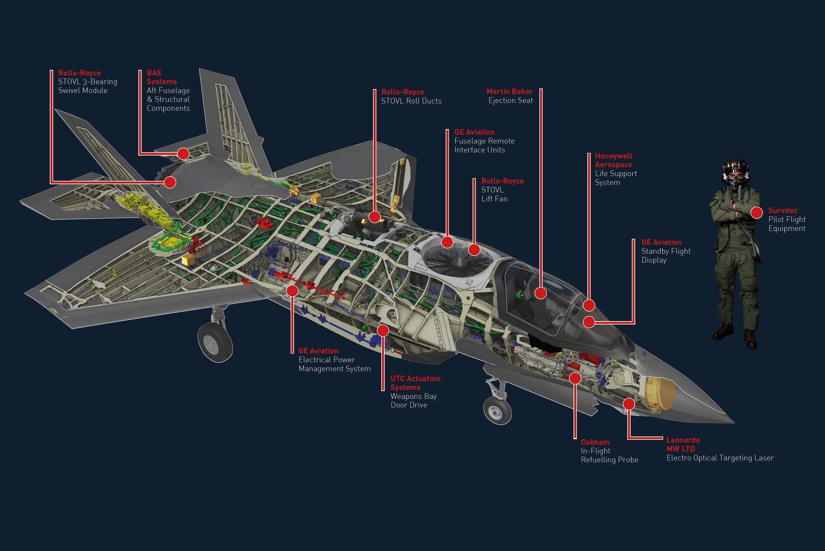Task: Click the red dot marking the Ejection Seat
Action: [540, 293]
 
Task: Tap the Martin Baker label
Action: [509, 92]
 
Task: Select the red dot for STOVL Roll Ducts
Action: [375, 217]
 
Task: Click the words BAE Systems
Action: [162, 77]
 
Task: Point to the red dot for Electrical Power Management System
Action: [292, 291]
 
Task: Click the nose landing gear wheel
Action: [497, 411]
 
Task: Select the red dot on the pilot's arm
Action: [757, 213]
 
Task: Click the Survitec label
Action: [783, 210]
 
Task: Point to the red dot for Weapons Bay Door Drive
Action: [383, 330]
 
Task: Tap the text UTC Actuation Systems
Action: [415, 383]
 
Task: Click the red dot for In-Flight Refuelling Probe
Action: [575, 378]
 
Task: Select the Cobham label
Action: [595, 442]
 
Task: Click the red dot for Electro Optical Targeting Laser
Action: [629, 404]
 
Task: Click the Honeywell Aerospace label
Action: [613, 160]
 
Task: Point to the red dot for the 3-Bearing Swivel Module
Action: [170, 182]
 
